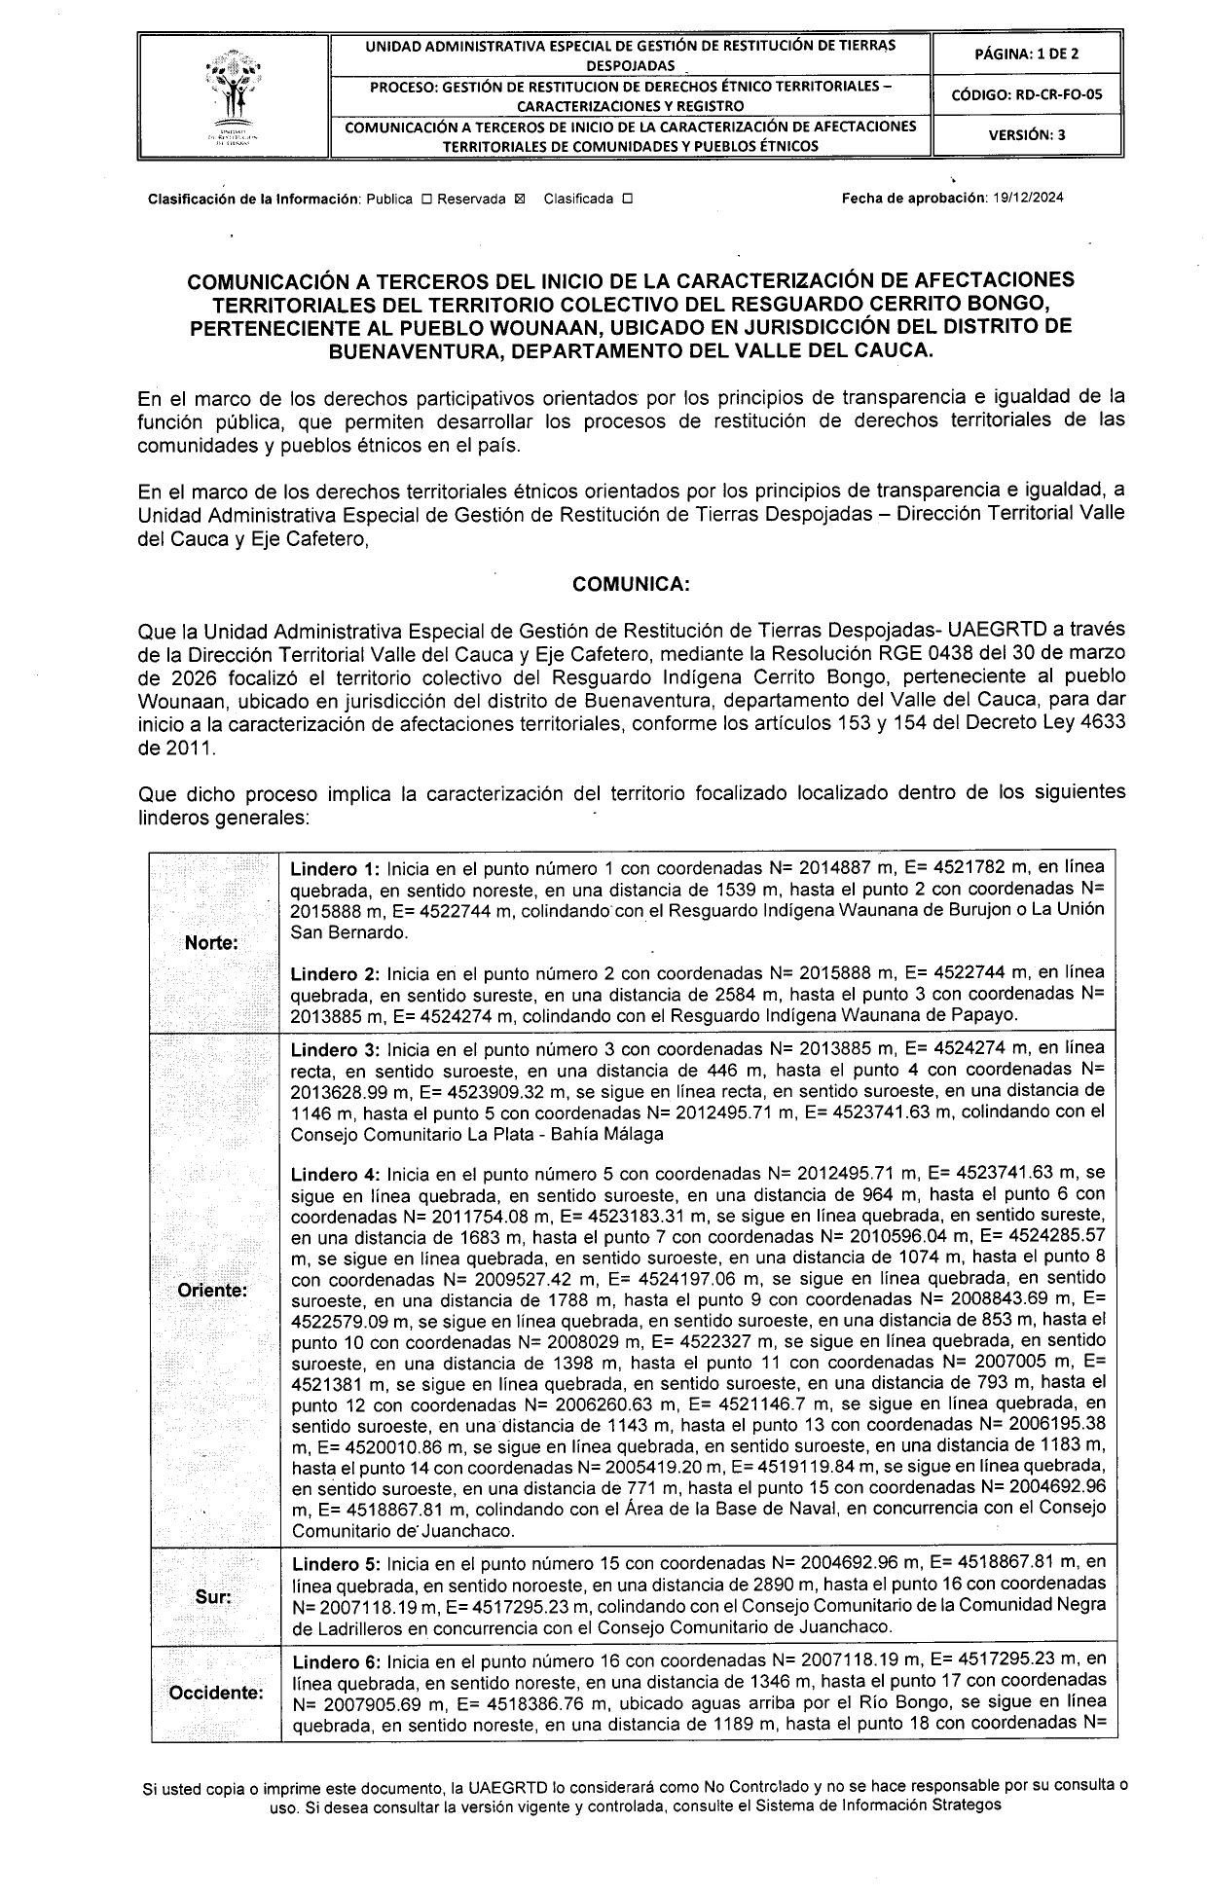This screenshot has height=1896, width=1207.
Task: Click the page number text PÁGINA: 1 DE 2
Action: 1026,55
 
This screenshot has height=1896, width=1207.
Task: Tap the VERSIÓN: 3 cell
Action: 1026,135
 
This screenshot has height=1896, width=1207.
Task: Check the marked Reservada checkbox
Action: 518,200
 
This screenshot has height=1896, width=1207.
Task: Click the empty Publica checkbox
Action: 426,200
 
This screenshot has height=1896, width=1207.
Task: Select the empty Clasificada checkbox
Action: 627,200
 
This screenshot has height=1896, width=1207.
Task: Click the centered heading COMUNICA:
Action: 631,584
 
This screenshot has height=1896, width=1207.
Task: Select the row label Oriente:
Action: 212,1291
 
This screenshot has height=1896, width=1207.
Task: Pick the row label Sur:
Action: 212,1597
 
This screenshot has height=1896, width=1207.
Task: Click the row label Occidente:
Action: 215,1693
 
